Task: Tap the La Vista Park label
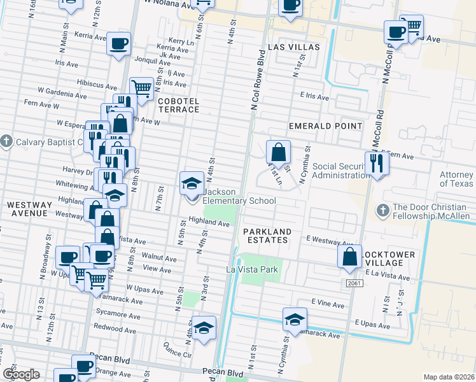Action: pyautogui.click(x=253, y=270)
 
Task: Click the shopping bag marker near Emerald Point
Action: pyautogui.click(x=278, y=153)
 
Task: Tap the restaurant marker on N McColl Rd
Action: pyautogui.click(x=377, y=164)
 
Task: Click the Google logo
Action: pyautogui.click(x=21, y=374)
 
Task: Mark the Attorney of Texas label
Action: pyautogui.click(x=457, y=180)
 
